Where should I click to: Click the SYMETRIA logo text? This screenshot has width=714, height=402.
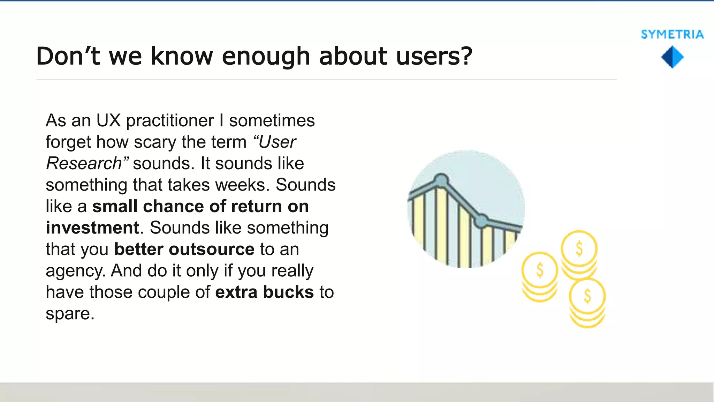672,34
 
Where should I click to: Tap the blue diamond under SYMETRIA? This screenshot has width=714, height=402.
672,57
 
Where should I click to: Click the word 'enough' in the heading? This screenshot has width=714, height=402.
266,57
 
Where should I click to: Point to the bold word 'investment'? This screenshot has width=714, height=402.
92,228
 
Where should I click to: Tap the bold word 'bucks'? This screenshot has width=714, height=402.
288,292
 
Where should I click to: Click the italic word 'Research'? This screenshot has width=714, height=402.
84,163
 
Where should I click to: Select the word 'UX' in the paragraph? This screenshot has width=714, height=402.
108,121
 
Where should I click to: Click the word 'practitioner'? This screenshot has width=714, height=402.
170,121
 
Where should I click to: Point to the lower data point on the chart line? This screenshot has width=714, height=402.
482,221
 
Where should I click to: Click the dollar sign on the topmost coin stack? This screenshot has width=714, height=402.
579,249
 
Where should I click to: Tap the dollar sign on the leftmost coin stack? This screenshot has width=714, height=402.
540,270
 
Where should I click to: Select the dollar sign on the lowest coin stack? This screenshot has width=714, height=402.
587,296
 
